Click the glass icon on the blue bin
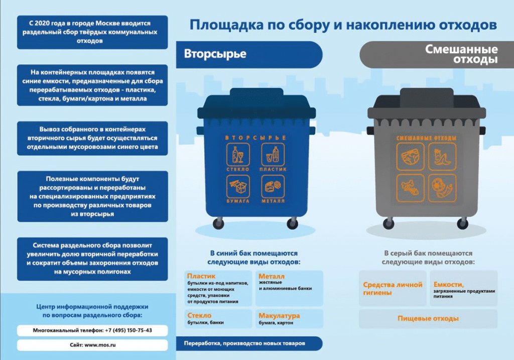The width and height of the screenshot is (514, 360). [237, 155]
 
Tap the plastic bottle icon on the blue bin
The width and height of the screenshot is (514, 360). [273, 155]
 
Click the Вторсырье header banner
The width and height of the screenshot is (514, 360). [248, 54]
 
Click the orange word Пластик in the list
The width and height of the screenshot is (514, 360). [201, 276]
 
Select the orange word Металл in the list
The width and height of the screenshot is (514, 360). [272, 276]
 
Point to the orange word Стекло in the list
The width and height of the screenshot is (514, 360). [199, 315]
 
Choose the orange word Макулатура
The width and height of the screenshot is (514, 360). [279, 315]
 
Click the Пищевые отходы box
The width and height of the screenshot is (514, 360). [428, 318]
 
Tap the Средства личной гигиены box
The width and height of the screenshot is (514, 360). [393, 288]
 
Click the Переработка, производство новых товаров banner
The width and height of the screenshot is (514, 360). [248, 343]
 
